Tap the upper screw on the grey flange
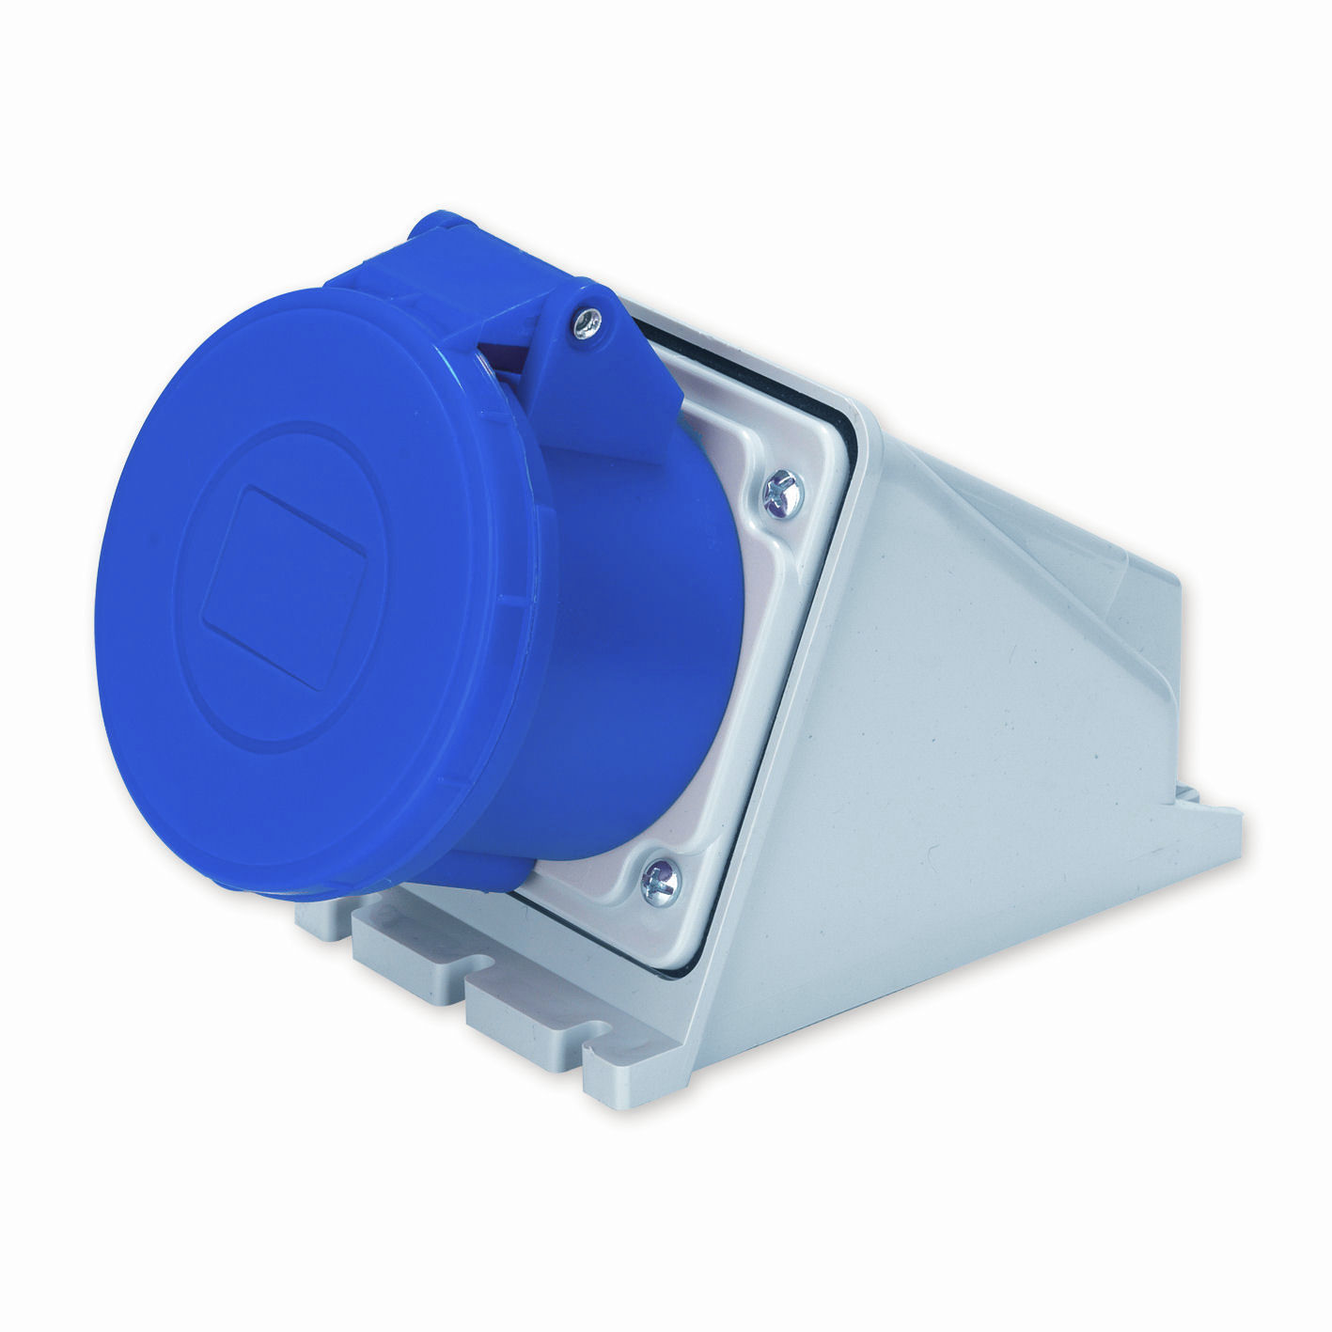coord(780,492)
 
